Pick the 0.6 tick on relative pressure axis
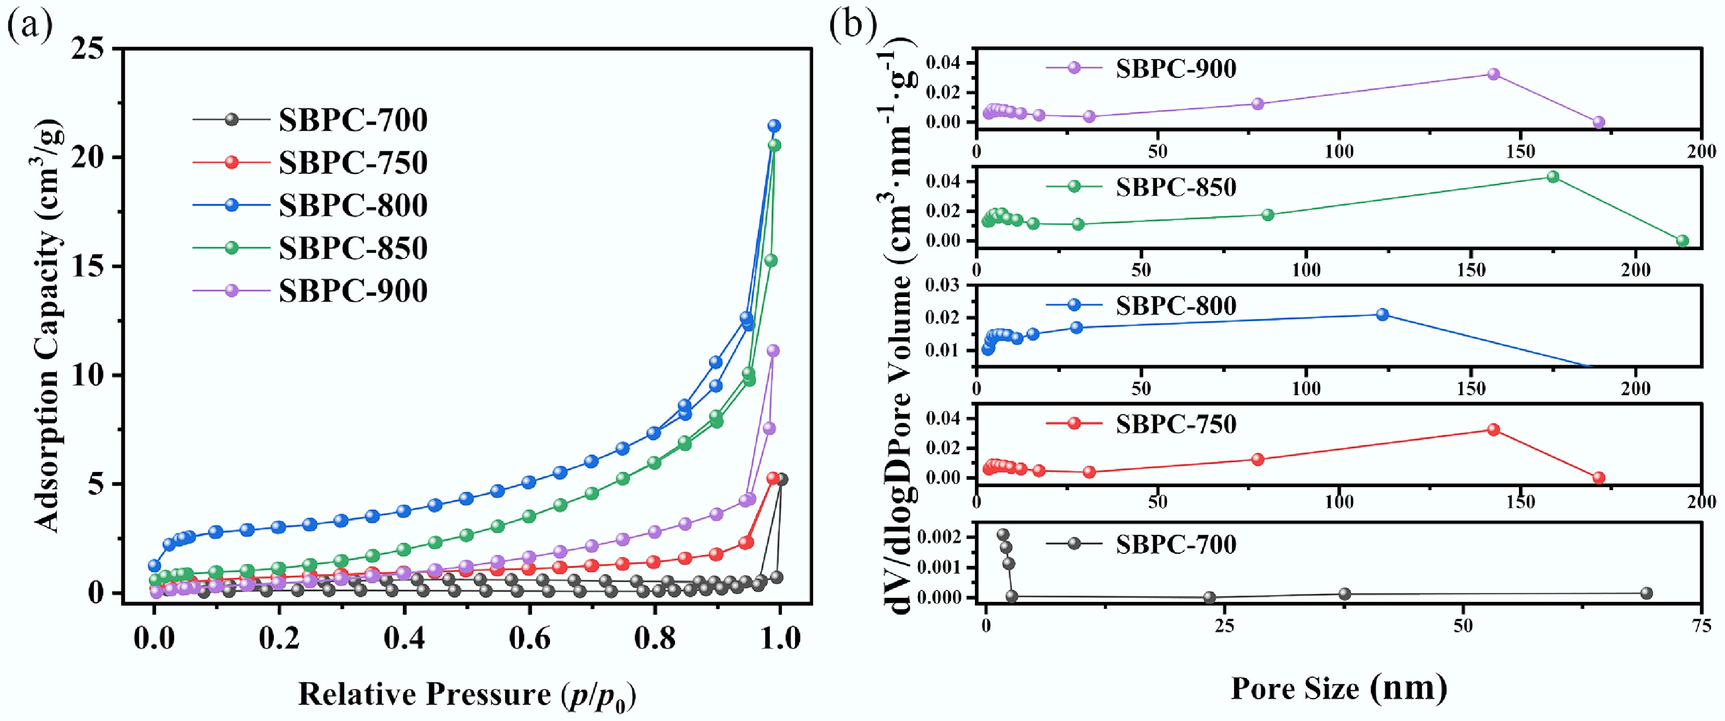[529, 637]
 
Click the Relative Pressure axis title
[467, 694]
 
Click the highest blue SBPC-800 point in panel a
[774, 125]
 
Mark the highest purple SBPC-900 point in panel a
[773, 350]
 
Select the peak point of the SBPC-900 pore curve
[1493, 74]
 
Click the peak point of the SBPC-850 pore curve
[1553, 177]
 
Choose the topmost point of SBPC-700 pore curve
[1003, 535]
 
